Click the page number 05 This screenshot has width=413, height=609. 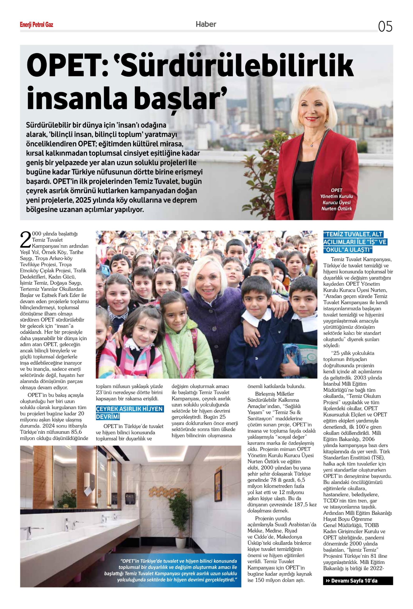(385, 26)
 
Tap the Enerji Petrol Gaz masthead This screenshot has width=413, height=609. (37, 25)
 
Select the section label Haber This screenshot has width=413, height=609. (206, 24)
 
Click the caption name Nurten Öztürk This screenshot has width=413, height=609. (336, 209)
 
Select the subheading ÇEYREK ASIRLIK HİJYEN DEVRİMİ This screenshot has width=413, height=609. (129, 413)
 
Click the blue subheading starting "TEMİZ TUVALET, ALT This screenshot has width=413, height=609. (355, 242)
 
